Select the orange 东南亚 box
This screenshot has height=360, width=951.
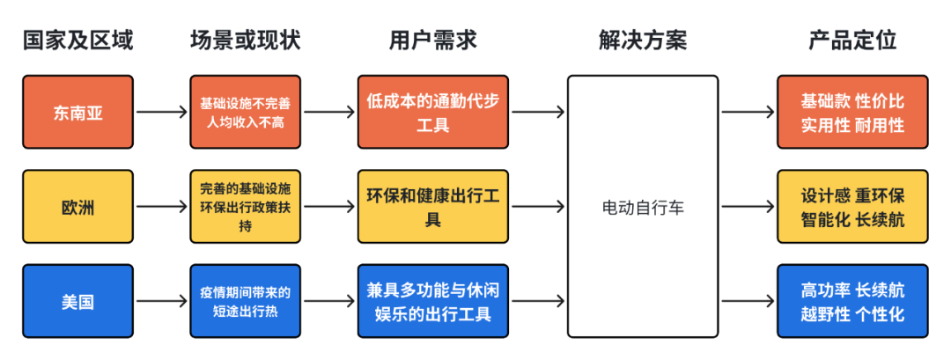(77, 112)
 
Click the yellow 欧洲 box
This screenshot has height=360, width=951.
(77, 207)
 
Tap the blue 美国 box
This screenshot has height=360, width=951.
(77, 301)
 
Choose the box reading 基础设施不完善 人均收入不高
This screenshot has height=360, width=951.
(245, 112)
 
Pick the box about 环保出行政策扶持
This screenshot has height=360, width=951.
(245, 207)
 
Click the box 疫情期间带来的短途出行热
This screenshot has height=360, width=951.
(245, 301)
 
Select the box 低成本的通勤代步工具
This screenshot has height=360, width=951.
(432, 112)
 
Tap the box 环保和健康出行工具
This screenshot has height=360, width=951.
(432, 207)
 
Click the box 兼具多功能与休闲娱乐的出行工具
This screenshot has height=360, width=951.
(432, 301)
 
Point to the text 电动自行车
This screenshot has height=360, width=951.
(642, 208)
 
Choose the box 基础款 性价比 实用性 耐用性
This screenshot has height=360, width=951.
(851, 112)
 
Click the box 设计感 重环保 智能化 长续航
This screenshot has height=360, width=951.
(851, 207)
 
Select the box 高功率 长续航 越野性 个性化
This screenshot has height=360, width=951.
(851, 301)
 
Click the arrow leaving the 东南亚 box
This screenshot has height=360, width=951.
(161, 112)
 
